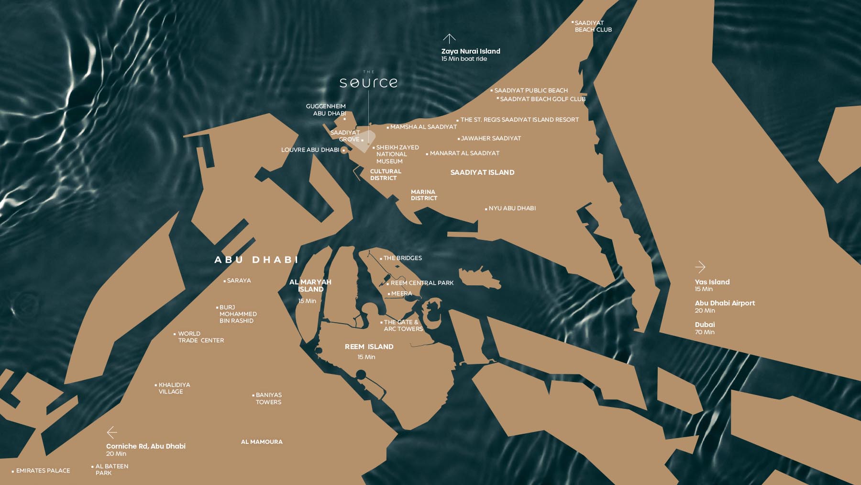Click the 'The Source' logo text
368,82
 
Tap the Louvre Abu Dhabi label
310,150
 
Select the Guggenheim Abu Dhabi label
326,110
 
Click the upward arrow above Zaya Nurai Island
449,38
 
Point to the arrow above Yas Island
700,267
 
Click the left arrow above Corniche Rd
112,432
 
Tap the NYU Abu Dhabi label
512,208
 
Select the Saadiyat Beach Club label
593,26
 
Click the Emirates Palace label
43,471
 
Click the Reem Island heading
369,347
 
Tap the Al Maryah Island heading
310,285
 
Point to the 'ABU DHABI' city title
256,260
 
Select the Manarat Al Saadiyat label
464,153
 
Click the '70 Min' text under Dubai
705,332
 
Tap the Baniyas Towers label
268,398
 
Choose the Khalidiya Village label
174,388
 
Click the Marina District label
424,195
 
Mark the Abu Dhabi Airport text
725,303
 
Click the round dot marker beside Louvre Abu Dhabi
343,150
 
